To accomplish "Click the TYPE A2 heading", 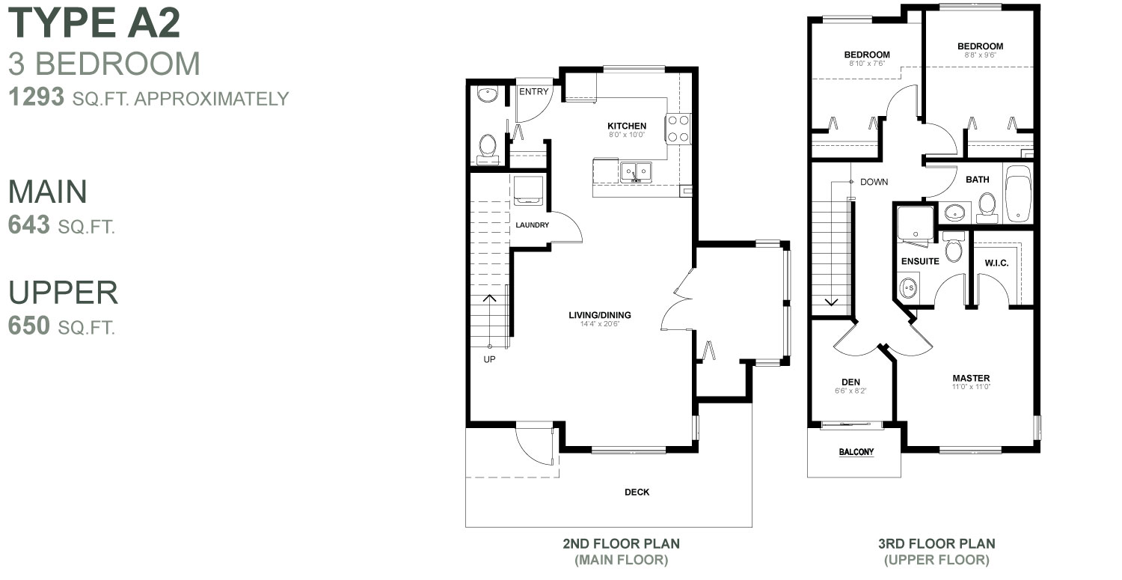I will click(94, 24).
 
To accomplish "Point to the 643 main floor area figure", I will click(29, 225).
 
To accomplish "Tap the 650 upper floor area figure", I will click(29, 326).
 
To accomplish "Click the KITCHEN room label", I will click(626, 126).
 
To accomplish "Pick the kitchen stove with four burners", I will click(678, 128).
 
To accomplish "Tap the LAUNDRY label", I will click(532, 225).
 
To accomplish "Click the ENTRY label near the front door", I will click(534, 92).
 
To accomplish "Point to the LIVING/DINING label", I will click(600, 314).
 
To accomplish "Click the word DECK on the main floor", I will click(637, 492).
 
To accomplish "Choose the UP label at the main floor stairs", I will click(489, 358).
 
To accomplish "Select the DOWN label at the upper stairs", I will click(874, 182).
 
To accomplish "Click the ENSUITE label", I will click(919, 262).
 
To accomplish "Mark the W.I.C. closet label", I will click(997, 262).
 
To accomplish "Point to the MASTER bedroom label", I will click(971, 378).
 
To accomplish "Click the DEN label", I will click(850, 382).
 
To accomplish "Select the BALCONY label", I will click(856, 452).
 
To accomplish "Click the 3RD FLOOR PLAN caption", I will click(936, 544).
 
